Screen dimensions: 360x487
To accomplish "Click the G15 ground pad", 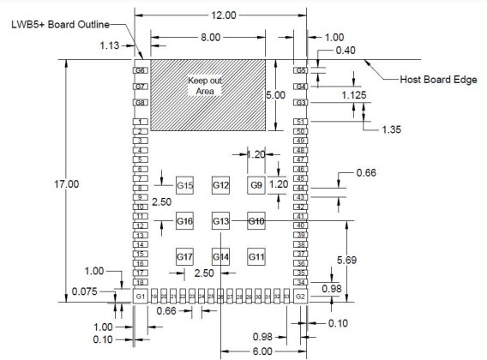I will [184, 186].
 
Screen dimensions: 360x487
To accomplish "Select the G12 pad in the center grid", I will [220, 186].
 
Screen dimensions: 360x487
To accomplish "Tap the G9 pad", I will [256, 186].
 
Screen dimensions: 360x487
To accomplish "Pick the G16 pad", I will [184, 222].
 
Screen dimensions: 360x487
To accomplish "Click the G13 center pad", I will [220, 222].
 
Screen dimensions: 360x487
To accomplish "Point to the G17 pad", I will [184, 256].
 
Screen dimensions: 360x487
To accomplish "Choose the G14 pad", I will [220, 256].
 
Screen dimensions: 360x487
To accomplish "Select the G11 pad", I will [256, 256].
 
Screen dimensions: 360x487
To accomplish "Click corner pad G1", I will [141, 296].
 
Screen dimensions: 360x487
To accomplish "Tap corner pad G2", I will [300, 296].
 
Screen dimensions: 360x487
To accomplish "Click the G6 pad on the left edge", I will [141, 70].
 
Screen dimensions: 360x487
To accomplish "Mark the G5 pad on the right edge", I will [301, 70].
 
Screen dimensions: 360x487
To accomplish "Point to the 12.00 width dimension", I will [220, 15].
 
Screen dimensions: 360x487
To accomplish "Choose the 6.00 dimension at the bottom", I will [262, 351].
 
